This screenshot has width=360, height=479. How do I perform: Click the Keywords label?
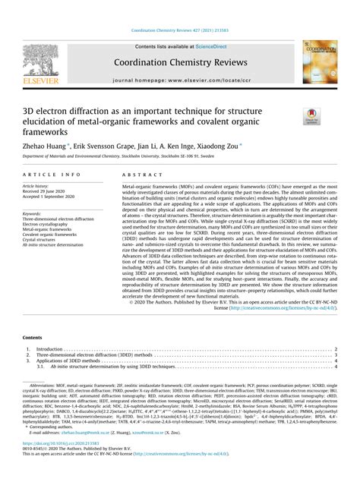click(x=35, y=213)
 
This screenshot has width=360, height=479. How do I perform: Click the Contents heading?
click(x=33, y=336)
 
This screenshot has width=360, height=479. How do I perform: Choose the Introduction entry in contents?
click(x=51, y=349)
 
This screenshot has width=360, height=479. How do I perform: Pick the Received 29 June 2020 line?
click(x=52, y=191)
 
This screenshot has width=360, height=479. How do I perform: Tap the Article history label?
click(x=41, y=185)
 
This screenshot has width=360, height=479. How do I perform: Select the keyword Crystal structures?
click(x=46, y=240)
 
